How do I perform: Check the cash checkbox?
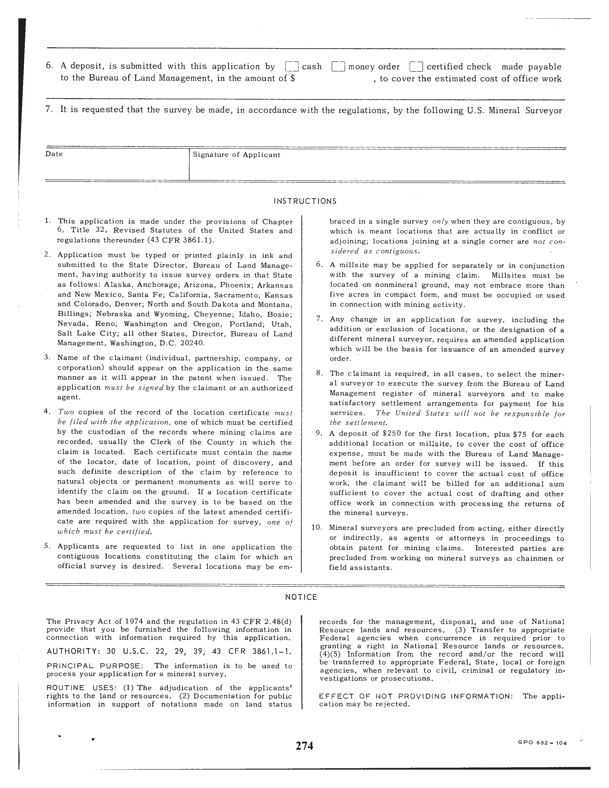click(x=292, y=67)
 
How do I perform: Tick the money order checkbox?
click(x=338, y=67)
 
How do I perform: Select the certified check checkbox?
click(x=416, y=67)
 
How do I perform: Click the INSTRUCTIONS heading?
click(x=305, y=201)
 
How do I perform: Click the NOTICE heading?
click(x=301, y=597)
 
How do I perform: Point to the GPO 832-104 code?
click(x=547, y=743)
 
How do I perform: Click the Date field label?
click(x=54, y=154)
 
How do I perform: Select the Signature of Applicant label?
click(x=236, y=155)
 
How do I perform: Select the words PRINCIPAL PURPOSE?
click(x=95, y=666)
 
